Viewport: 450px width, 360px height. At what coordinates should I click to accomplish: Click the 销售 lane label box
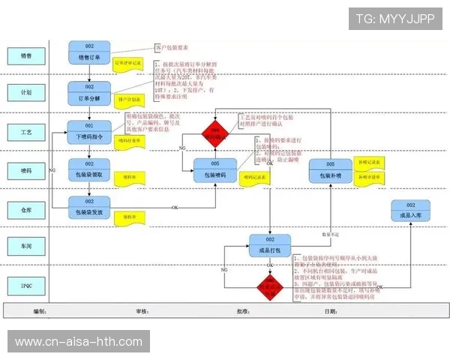[25, 55]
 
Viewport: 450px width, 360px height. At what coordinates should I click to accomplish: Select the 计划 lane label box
[25, 92]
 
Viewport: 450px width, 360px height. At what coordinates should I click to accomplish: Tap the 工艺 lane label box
[25, 131]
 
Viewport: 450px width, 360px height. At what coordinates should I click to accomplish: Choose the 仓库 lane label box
[25, 208]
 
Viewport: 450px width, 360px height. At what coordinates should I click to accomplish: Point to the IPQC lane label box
[25, 285]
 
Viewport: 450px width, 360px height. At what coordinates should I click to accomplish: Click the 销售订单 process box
[89, 52]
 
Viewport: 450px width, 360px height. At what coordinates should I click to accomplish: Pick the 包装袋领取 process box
[89, 169]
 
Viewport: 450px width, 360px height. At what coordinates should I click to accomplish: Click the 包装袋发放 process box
[89, 207]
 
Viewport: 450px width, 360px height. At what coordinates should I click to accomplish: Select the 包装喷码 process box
[215, 170]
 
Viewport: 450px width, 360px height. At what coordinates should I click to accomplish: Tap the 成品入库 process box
[410, 211]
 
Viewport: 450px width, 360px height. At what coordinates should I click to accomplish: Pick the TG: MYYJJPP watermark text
[394, 19]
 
